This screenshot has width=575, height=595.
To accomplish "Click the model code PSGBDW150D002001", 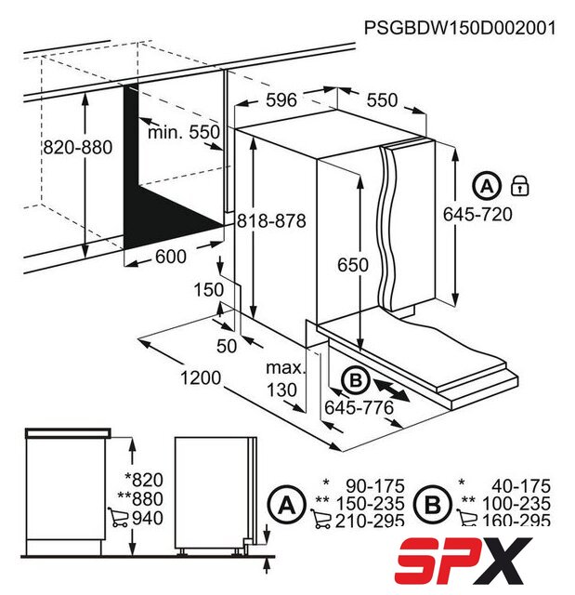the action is pyautogui.click(x=460, y=28).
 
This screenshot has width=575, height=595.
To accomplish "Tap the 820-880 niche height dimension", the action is pyautogui.click(x=78, y=147).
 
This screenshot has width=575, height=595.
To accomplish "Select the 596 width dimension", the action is pyautogui.click(x=281, y=100).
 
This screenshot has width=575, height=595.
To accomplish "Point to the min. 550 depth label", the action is pyautogui.click(x=184, y=132).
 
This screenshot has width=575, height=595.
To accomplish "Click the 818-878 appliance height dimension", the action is pyautogui.click(x=271, y=221).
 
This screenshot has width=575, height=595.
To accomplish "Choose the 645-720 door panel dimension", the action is pyautogui.click(x=477, y=214).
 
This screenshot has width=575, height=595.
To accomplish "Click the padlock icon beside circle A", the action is pyautogui.click(x=520, y=186).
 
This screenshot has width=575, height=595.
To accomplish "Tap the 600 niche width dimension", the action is pyautogui.click(x=171, y=257).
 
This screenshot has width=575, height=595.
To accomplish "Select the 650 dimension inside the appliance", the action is pyautogui.click(x=353, y=265).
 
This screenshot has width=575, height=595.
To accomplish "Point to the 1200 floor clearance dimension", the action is pyautogui.click(x=200, y=378).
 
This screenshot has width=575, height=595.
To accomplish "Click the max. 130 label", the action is pyautogui.click(x=284, y=379).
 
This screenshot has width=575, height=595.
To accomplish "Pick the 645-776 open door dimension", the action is pyautogui.click(x=359, y=408).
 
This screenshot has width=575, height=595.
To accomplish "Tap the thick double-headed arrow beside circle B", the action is pyautogui.click(x=392, y=390).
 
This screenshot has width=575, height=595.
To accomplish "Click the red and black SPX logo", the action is pyautogui.click(x=464, y=561).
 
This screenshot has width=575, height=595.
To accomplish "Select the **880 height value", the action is pyautogui.click(x=140, y=498).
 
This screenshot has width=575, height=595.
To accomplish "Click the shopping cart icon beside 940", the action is pyautogui.click(x=118, y=517).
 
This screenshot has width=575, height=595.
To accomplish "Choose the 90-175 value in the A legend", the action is pyautogui.click(x=375, y=486).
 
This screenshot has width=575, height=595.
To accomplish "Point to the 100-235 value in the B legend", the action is pyautogui.click(x=516, y=504).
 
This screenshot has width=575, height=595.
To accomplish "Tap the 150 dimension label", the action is pyautogui.click(x=209, y=290).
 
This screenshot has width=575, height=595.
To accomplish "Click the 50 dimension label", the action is pyautogui.click(x=227, y=346).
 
